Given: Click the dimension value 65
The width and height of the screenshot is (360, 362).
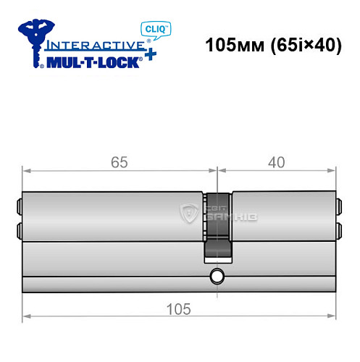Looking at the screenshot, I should [x=120, y=162].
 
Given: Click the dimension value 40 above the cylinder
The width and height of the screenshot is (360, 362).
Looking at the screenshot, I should [x=277, y=162].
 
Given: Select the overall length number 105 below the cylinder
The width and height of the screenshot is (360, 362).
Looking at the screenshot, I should [x=180, y=309].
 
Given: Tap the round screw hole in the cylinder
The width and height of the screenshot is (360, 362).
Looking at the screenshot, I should [x=216, y=276].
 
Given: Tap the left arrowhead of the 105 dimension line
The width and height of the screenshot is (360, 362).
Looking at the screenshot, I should [x=26, y=316].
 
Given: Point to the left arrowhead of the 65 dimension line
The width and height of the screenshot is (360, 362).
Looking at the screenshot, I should [x=26, y=171].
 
